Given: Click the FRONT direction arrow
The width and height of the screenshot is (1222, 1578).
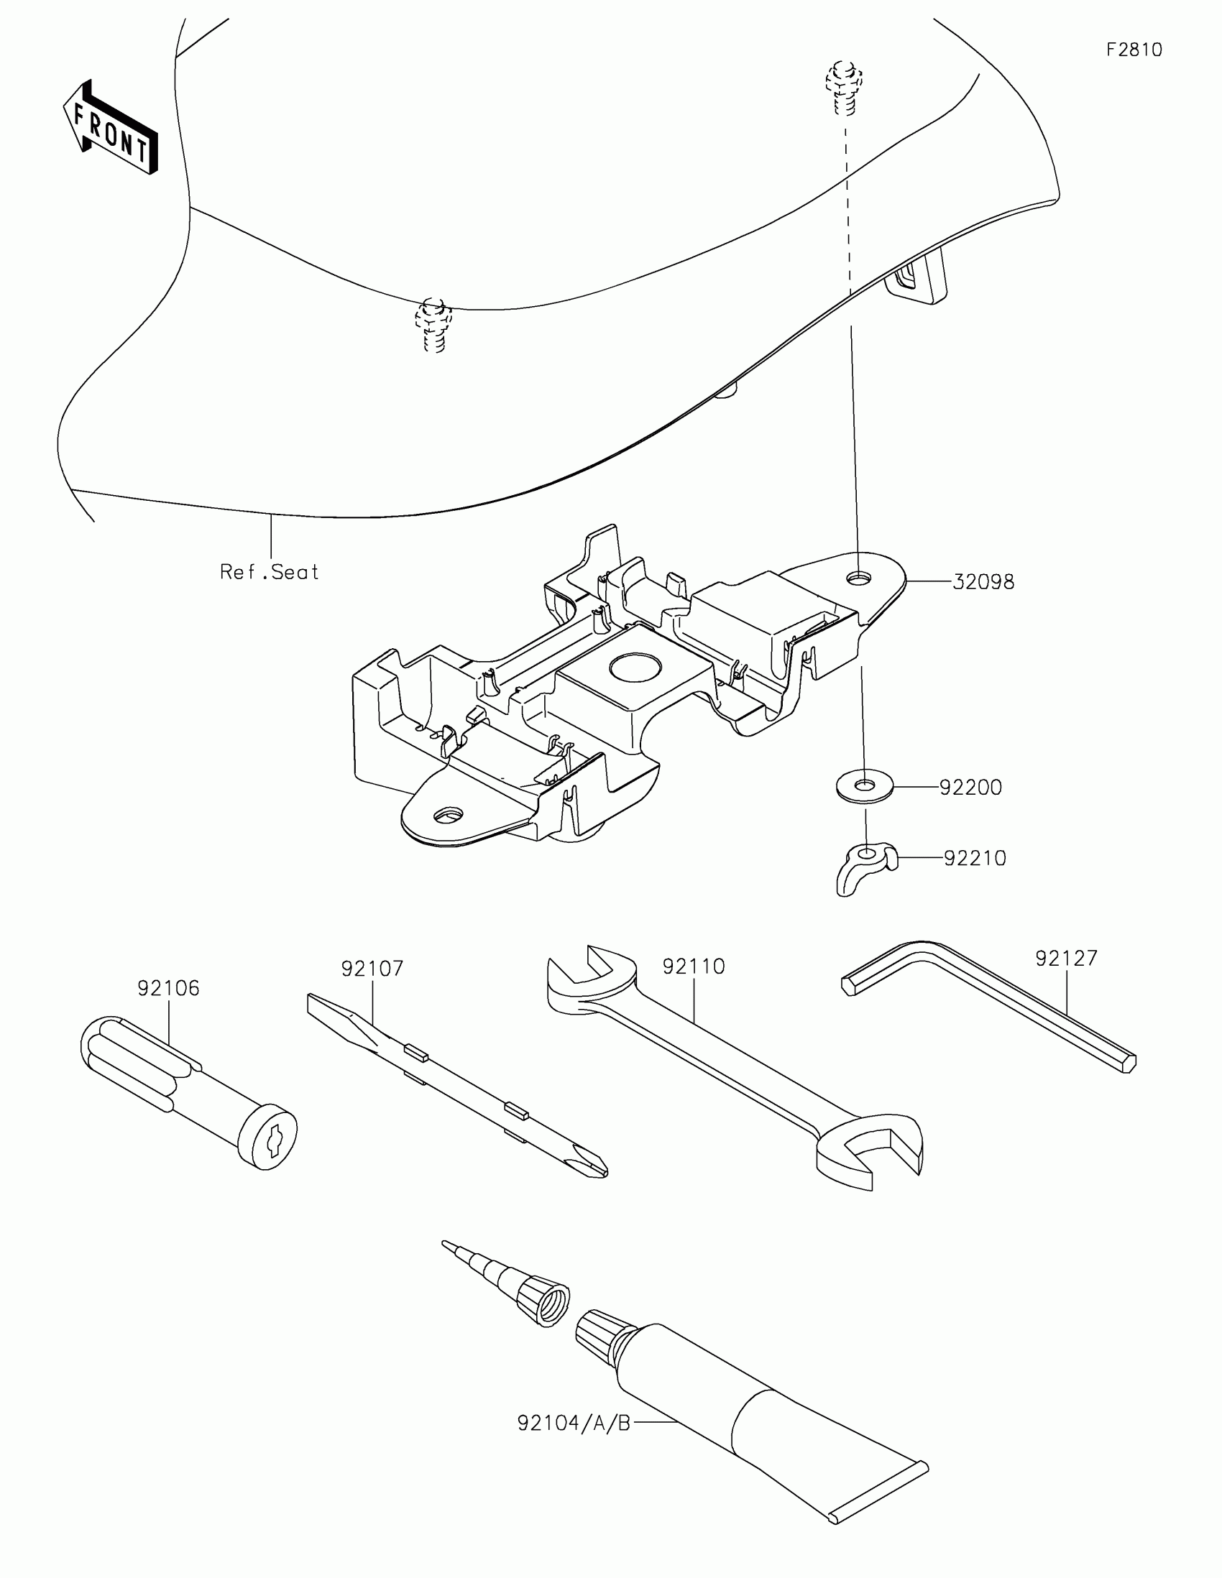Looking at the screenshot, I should [x=110, y=128].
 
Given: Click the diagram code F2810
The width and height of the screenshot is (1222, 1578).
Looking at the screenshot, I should [x=1134, y=50].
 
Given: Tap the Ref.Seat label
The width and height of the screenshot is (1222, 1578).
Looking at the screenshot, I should [x=269, y=572].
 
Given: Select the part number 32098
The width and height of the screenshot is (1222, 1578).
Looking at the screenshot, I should [x=983, y=581].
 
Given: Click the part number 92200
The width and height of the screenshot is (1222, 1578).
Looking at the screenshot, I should [x=970, y=788].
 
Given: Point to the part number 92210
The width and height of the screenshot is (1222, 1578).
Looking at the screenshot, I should [x=974, y=859].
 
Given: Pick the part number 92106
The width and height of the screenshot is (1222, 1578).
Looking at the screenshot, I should [x=168, y=989].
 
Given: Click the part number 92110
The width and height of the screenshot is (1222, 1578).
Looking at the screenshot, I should [x=693, y=966].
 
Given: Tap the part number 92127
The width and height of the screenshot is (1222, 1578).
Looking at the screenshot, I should [x=1066, y=958].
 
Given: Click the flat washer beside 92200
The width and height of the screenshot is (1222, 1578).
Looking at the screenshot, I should [x=864, y=785].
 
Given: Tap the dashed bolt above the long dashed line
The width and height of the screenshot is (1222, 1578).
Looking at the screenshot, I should [x=842, y=87].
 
